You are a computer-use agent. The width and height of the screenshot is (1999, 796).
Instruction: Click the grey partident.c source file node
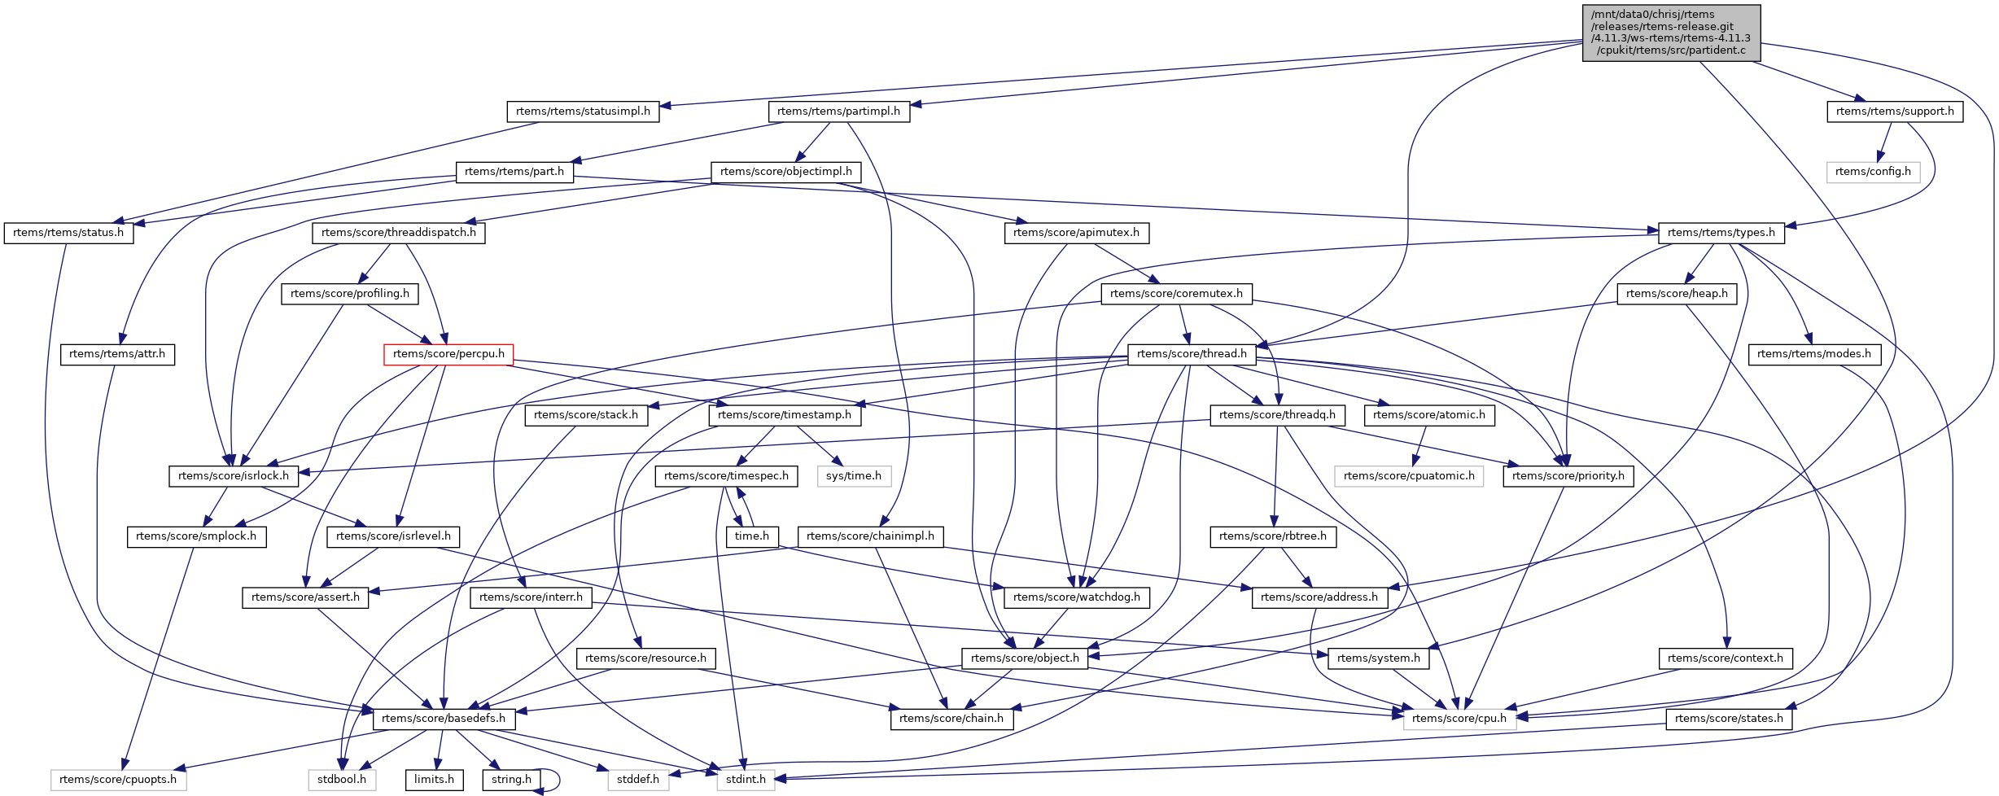click(x=1671, y=33)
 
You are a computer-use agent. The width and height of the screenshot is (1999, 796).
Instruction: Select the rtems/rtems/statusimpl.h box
click(x=583, y=112)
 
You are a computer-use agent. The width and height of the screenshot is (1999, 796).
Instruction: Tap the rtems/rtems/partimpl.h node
click(x=838, y=112)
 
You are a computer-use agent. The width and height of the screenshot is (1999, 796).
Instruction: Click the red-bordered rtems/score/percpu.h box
click(x=448, y=354)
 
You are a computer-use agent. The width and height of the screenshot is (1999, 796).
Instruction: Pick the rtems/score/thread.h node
click(x=1192, y=354)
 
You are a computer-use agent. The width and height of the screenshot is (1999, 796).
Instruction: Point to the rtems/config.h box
click(x=1873, y=172)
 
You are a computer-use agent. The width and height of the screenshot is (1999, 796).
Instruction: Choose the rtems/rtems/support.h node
click(x=1895, y=112)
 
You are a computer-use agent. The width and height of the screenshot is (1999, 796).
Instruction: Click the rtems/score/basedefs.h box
click(x=444, y=719)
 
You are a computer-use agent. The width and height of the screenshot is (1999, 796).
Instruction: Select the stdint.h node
click(x=746, y=780)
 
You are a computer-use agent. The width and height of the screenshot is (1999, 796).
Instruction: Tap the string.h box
click(x=511, y=780)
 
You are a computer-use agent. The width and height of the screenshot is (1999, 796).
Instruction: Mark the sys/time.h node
click(x=854, y=476)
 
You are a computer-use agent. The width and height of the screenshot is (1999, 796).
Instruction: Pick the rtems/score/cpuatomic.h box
click(x=1409, y=476)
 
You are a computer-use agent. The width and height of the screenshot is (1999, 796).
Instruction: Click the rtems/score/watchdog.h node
click(x=1077, y=597)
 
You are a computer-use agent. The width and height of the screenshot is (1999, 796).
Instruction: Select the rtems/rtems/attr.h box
click(x=117, y=354)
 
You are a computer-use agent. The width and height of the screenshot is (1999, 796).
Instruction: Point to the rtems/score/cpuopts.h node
click(x=118, y=780)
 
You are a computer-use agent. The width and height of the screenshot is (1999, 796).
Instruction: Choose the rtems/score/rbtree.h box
click(x=1273, y=536)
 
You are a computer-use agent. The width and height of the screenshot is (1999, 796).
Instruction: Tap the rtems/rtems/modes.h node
click(x=1814, y=354)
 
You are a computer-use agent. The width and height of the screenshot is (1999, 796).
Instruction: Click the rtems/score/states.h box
click(x=1729, y=719)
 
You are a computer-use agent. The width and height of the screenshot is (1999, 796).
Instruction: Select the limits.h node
click(x=434, y=780)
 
